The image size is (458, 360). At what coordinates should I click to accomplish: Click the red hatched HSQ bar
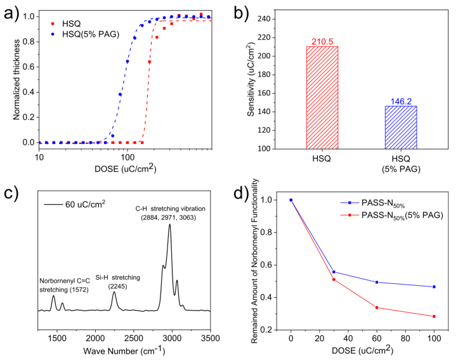coord(324,98)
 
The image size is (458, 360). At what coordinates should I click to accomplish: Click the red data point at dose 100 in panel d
coord(434,316)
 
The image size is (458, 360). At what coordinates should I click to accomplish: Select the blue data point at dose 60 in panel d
coord(377,282)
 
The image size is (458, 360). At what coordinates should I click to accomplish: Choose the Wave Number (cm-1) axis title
coord(125,350)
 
